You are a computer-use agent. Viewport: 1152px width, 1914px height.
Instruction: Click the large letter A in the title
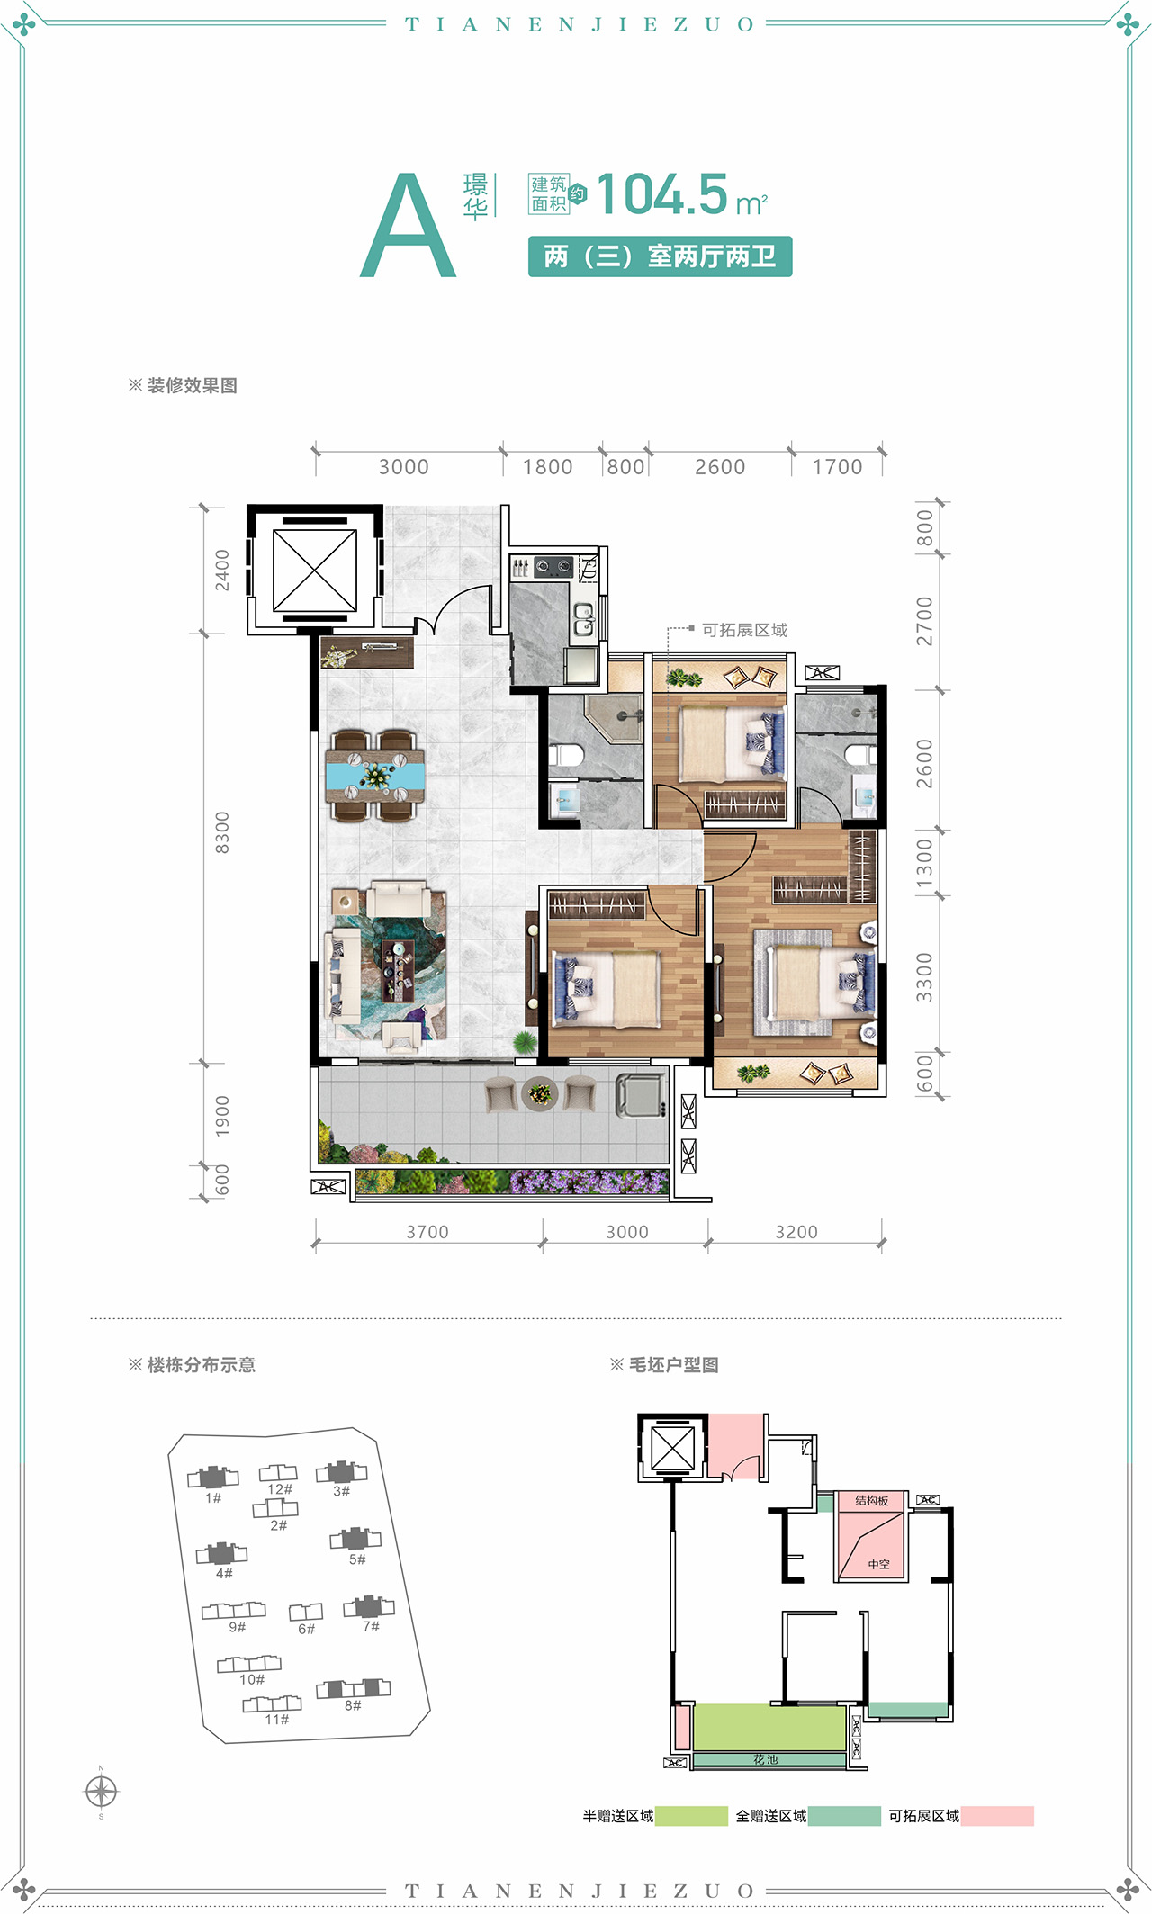pyautogui.click(x=408, y=225)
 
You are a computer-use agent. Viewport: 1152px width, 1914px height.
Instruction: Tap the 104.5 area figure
pyautogui.click(x=661, y=194)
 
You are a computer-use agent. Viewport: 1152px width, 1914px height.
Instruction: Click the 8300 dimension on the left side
pyautogui.click(x=222, y=832)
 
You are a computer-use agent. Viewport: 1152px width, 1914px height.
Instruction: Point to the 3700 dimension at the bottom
pyautogui.click(x=427, y=1232)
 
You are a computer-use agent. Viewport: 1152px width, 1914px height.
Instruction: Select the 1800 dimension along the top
pyautogui.click(x=547, y=467)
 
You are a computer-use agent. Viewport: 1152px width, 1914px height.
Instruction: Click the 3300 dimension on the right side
pyautogui.click(x=924, y=977)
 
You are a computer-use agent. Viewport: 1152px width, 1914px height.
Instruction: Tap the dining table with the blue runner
pyautogui.click(x=375, y=776)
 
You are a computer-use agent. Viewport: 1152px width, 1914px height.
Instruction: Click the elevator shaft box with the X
pyautogui.click(x=315, y=570)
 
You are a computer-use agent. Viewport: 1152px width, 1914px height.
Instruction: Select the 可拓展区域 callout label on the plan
pyautogui.click(x=744, y=630)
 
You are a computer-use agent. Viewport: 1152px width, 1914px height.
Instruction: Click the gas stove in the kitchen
pyautogui.click(x=553, y=567)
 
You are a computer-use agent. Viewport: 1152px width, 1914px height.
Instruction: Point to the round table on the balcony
pyautogui.click(x=540, y=1093)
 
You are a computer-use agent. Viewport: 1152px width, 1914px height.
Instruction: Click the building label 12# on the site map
pyautogui.click(x=280, y=1489)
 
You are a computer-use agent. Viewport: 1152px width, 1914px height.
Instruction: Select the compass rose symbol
pyautogui.click(x=101, y=1792)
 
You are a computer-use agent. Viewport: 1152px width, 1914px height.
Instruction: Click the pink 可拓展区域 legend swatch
pyautogui.click(x=997, y=1816)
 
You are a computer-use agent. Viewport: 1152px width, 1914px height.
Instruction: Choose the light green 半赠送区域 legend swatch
pyautogui.click(x=691, y=1816)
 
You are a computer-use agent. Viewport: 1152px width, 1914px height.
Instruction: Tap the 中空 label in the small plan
pyautogui.click(x=878, y=1565)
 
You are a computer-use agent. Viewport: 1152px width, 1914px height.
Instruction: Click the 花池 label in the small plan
pyautogui.click(x=766, y=1760)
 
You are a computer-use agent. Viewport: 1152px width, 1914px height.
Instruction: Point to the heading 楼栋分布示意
pyautogui.click(x=202, y=1365)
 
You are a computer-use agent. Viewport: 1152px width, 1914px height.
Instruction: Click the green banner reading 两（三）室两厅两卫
pyautogui.click(x=660, y=256)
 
